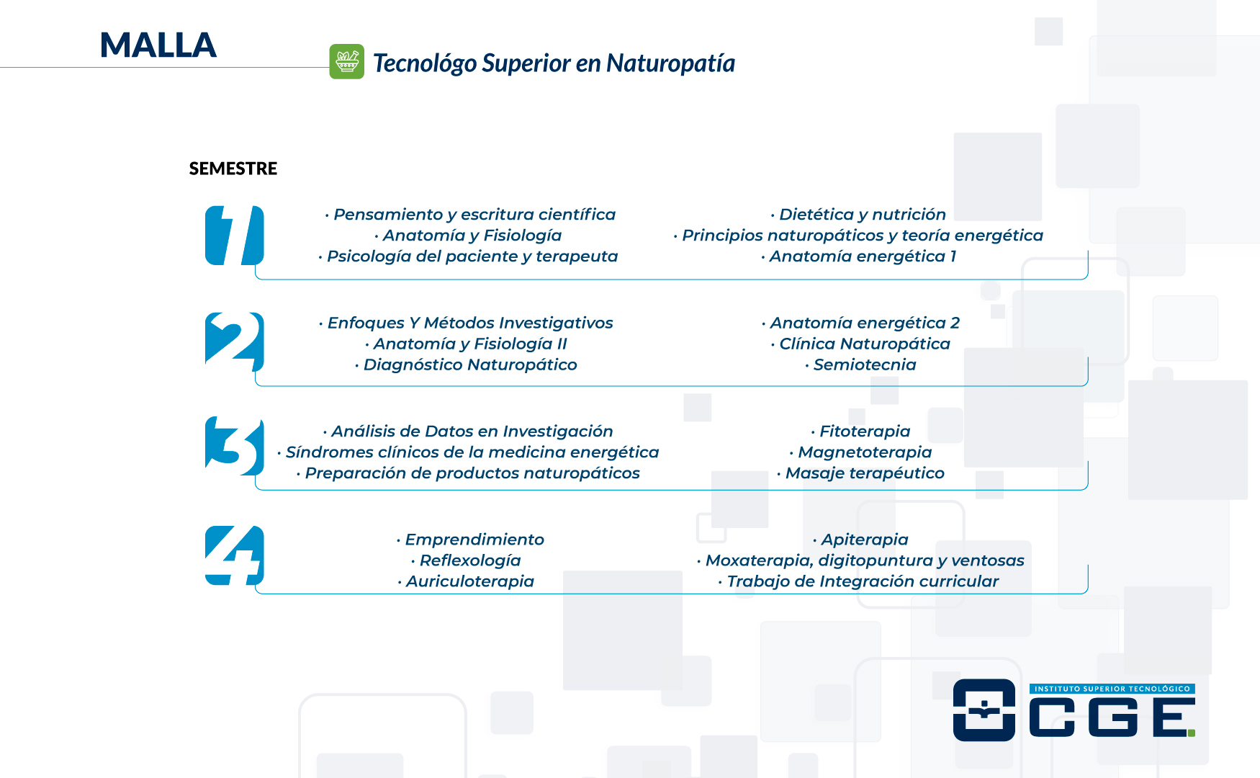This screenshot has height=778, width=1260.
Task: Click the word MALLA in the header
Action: [x=158, y=45]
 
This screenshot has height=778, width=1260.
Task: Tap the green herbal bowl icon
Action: [x=347, y=61]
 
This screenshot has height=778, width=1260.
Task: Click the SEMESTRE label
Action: [x=233, y=169]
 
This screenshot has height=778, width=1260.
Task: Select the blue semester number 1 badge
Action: [x=235, y=236]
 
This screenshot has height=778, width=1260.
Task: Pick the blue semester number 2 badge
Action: [x=235, y=341]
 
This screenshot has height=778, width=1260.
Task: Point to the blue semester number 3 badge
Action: [x=235, y=446]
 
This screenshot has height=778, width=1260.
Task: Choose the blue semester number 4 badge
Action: [x=235, y=555]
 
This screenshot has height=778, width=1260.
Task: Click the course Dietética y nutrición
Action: [x=858, y=215]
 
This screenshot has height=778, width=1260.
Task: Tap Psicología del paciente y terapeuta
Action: [x=468, y=256]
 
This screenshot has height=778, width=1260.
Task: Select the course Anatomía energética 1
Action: [x=858, y=256]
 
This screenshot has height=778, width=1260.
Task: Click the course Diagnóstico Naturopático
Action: [x=466, y=365]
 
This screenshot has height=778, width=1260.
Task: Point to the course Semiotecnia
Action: [x=860, y=365]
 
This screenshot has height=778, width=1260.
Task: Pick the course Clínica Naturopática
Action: [x=860, y=344]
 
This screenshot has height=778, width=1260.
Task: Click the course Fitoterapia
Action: [x=860, y=432]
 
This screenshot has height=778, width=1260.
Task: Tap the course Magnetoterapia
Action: [x=860, y=452]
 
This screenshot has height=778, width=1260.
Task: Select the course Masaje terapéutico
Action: [x=860, y=473]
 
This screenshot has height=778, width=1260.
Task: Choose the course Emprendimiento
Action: [x=470, y=540]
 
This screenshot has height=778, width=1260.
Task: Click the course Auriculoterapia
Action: [x=466, y=581]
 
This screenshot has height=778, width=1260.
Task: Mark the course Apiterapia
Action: [x=860, y=540]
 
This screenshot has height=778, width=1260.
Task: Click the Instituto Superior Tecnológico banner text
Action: [x=1112, y=689]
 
